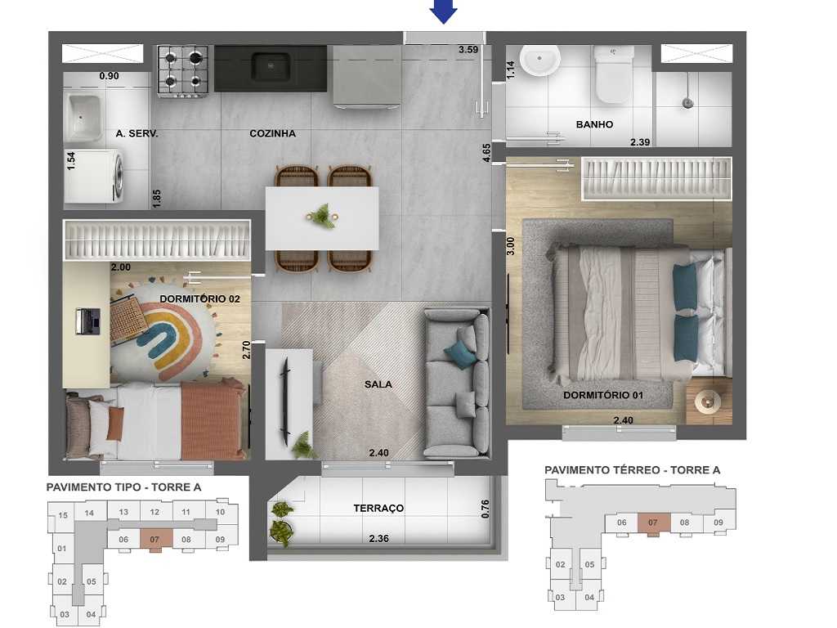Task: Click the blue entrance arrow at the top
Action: point(444,11)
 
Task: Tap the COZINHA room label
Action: point(272,133)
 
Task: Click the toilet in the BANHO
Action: point(613,74)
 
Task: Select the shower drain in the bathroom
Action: point(688,103)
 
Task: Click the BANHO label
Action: point(594,125)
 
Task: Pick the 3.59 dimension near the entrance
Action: point(468,50)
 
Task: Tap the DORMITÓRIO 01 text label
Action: point(603,396)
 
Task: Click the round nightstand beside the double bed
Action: point(705,401)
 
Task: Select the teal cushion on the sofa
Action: point(459,350)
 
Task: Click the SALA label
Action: point(378,384)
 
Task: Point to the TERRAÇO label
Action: point(378,509)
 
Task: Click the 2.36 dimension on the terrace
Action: point(379,539)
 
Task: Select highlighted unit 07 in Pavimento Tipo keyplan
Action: point(154,540)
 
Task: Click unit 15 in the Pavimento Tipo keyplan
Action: point(62,515)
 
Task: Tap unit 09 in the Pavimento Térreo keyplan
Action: point(718,523)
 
